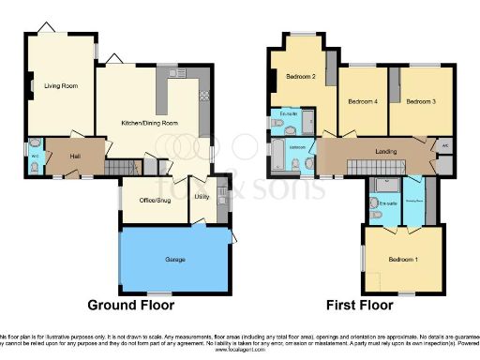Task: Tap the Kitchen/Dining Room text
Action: pyautogui.click(x=150, y=123)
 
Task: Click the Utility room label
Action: pyautogui.click(x=202, y=196)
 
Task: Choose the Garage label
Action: pyautogui.click(x=174, y=259)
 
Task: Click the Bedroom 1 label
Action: pyautogui.click(x=403, y=259)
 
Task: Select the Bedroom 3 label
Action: pyautogui.click(x=420, y=101)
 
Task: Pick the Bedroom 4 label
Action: pyautogui.click(x=363, y=101)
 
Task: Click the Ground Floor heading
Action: pyautogui.click(x=131, y=305)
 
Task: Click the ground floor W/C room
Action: pyautogui.click(x=35, y=156)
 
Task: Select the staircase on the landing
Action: pyautogui.click(x=367, y=165)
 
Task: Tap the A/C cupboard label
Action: pyautogui.click(x=445, y=145)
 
